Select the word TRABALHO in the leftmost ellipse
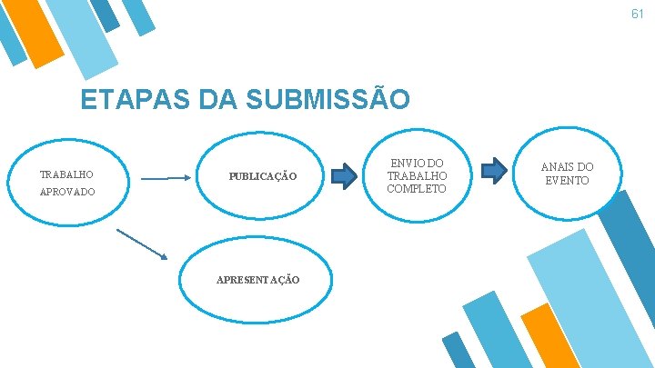click(66, 174)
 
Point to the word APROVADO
click(67, 193)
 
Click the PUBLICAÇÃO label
click(262, 175)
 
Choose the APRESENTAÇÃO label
click(258, 279)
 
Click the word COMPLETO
click(417, 188)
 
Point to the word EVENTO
click(568, 180)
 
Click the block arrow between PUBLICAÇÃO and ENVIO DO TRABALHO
click(343, 175)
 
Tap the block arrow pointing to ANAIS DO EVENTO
click(494, 169)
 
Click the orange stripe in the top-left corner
click(42, 33)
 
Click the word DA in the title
click(209, 99)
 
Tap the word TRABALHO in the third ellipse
click(417, 175)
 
